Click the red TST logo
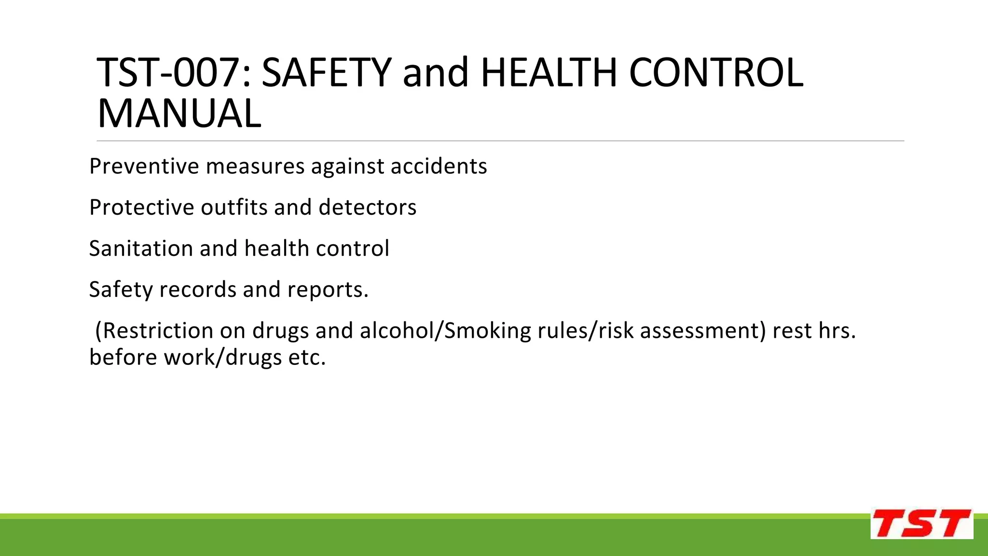point(921,524)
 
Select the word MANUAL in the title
point(179,114)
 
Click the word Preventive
point(144,167)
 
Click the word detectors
point(367,208)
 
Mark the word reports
point(328,290)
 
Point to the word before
point(123,358)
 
